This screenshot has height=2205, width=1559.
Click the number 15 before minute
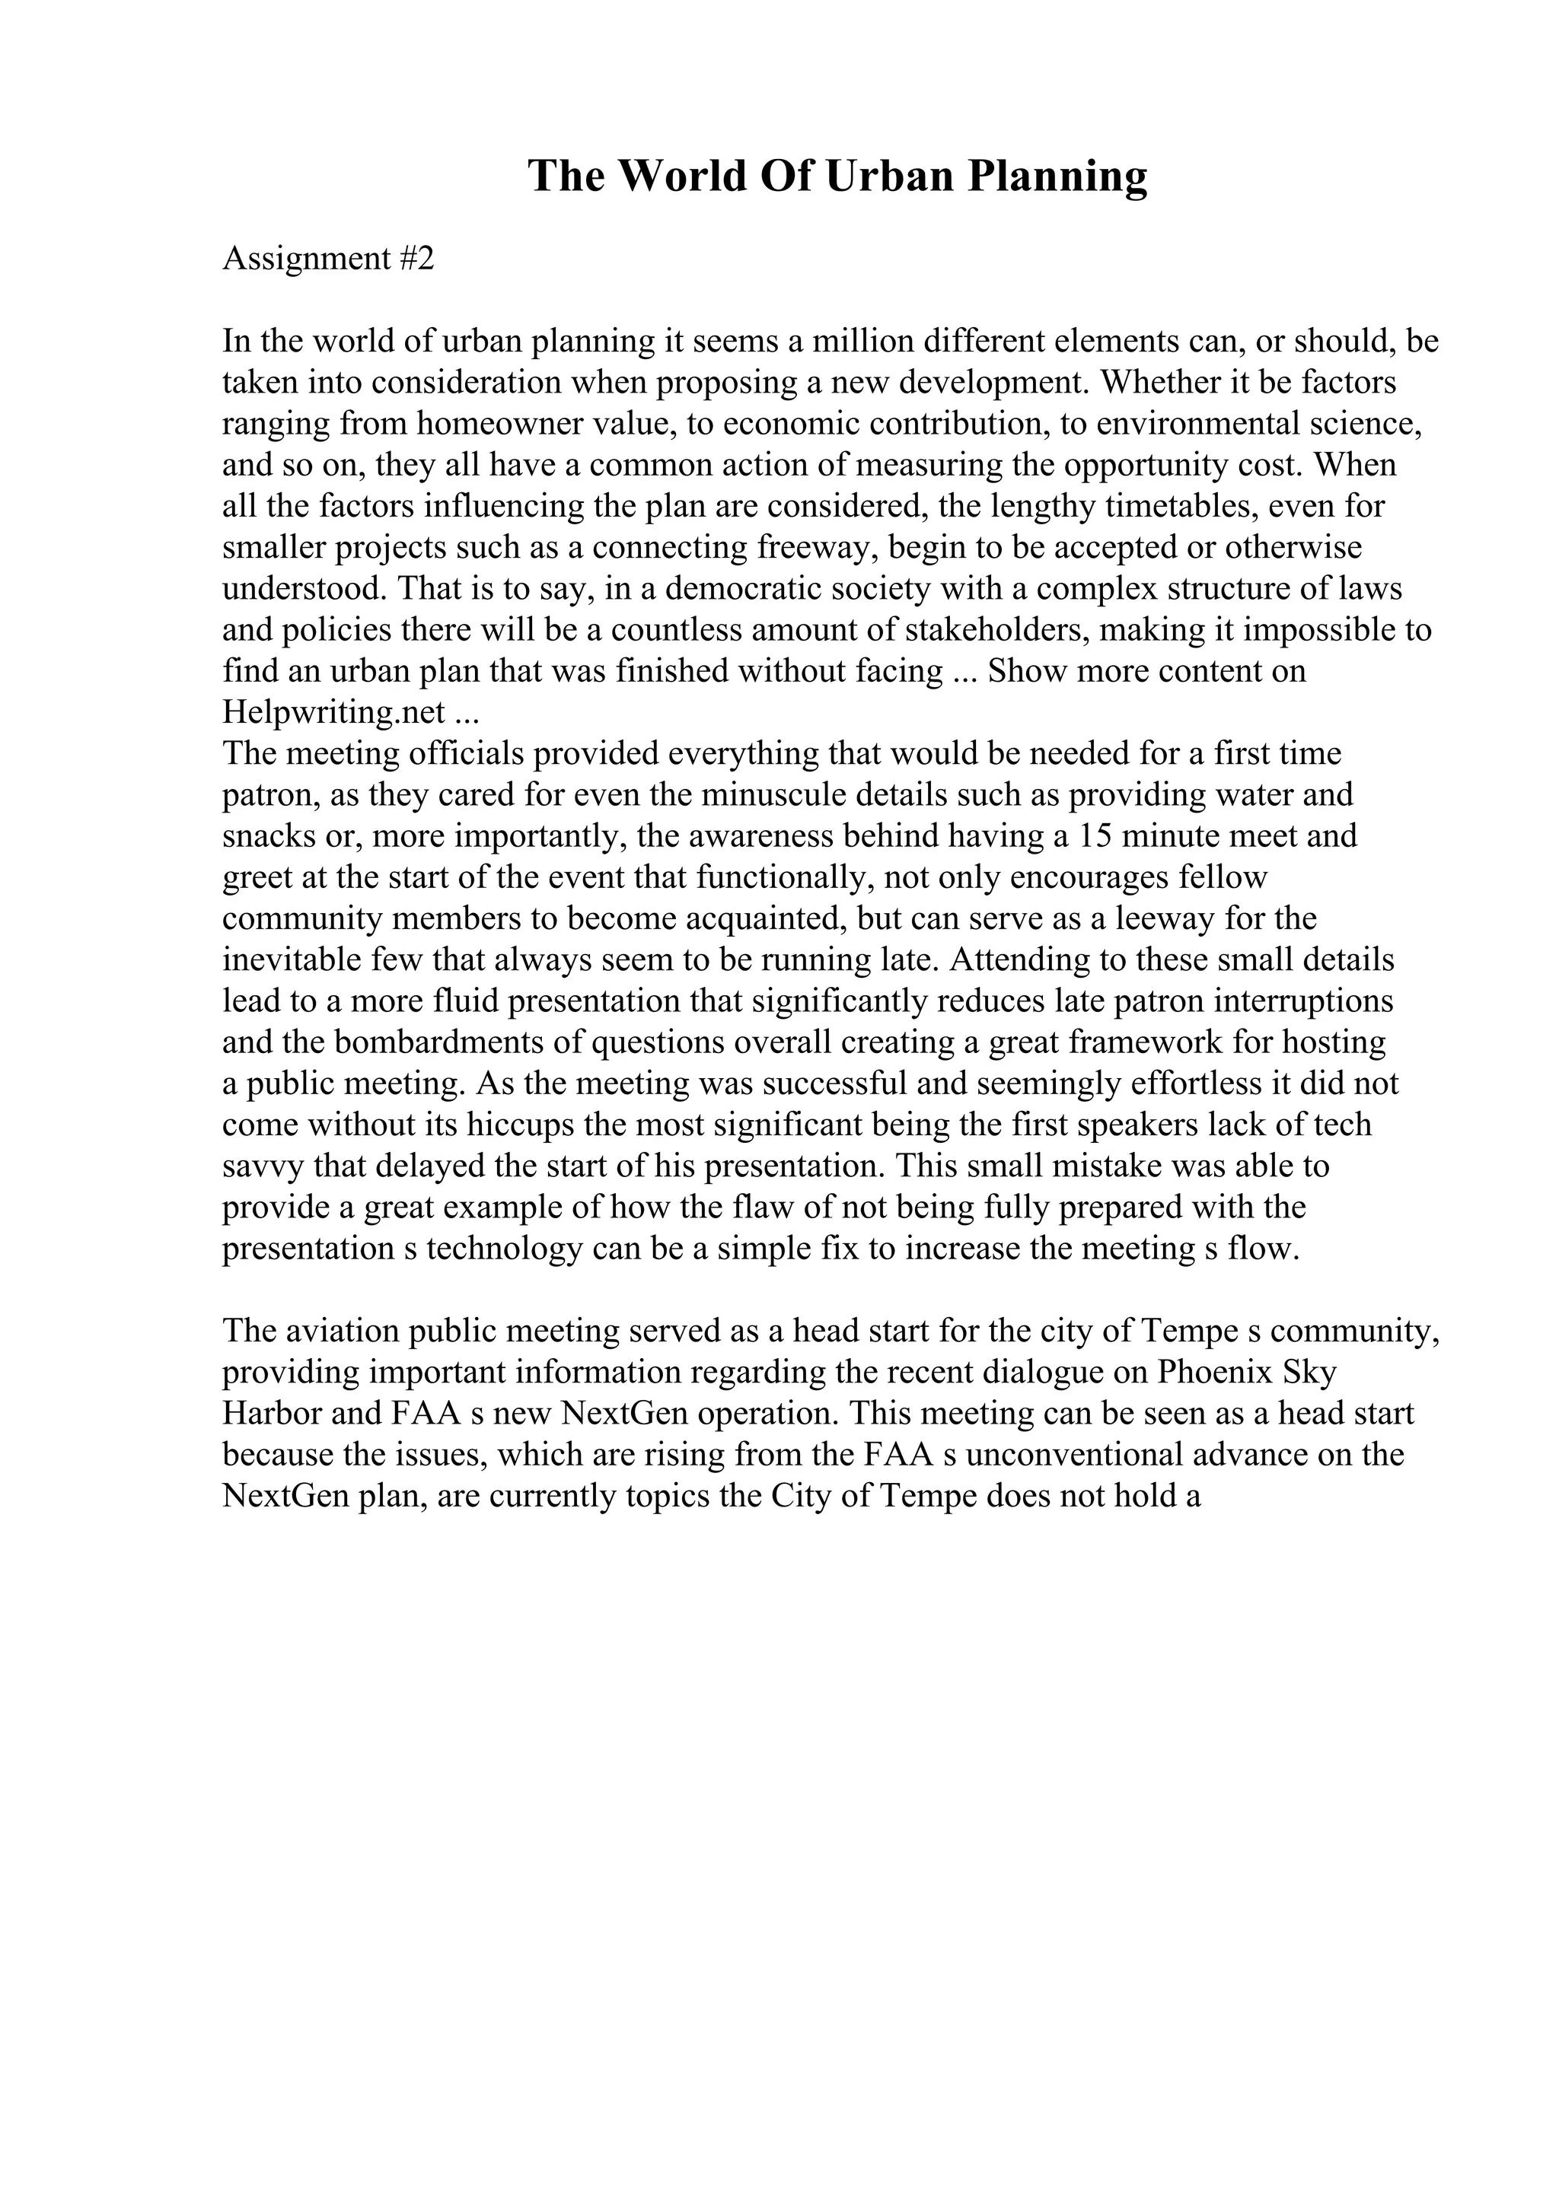(x=1093, y=836)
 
